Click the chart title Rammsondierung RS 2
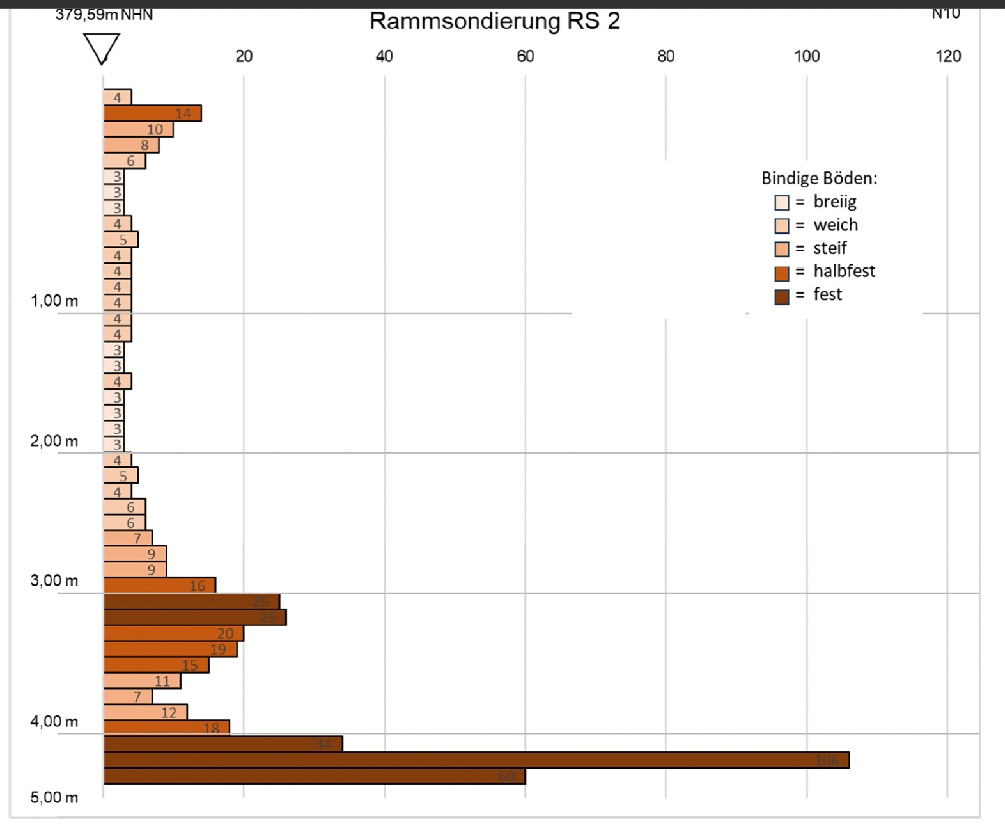click(x=494, y=21)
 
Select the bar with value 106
click(x=476, y=760)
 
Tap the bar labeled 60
click(x=315, y=776)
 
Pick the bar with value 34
click(x=223, y=744)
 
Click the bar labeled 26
click(x=195, y=618)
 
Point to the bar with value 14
click(x=153, y=113)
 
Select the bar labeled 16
click(x=160, y=586)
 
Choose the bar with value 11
click(x=142, y=681)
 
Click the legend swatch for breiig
click(x=782, y=203)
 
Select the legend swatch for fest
click(x=782, y=297)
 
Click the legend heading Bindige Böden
click(x=819, y=178)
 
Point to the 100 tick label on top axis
click(x=807, y=56)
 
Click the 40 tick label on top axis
click(x=384, y=56)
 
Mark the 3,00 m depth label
click(x=54, y=581)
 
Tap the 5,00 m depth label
click(x=54, y=797)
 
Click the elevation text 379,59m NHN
click(x=104, y=14)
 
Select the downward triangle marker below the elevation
click(x=102, y=48)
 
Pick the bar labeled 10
click(x=138, y=129)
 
